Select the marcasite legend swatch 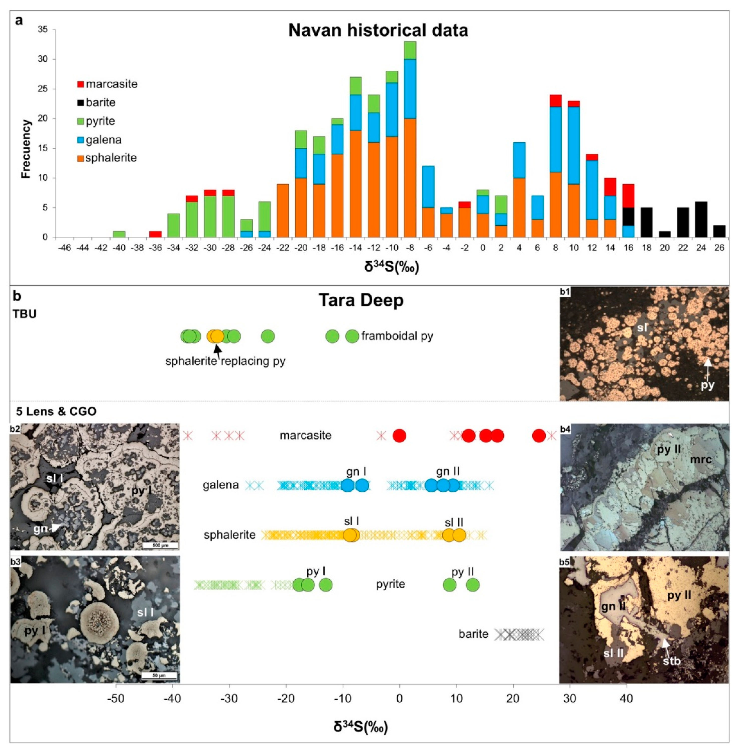pyautogui.click(x=80, y=84)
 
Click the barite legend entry pyautogui.click(x=100, y=102)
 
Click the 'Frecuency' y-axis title pyautogui.click(x=26, y=149)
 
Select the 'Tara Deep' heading pyautogui.click(x=361, y=301)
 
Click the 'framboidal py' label pyautogui.click(x=397, y=336)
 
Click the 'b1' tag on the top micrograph pyautogui.click(x=565, y=292)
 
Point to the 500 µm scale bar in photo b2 pyautogui.click(x=160, y=545)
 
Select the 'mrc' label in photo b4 pyautogui.click(x=701, y=459)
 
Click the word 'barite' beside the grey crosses pyautogui.click(x=473, y=634)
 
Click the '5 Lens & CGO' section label pyautogui.click(x=56, y=411)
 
